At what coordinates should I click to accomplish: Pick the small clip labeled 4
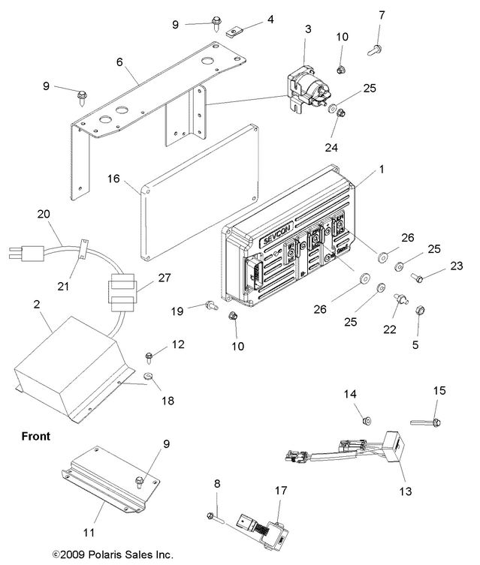point(235,33)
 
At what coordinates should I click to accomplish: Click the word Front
point(35,435)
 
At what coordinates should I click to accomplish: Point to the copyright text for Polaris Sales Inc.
point(113,554)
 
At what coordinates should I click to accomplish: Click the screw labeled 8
point(214,515)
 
